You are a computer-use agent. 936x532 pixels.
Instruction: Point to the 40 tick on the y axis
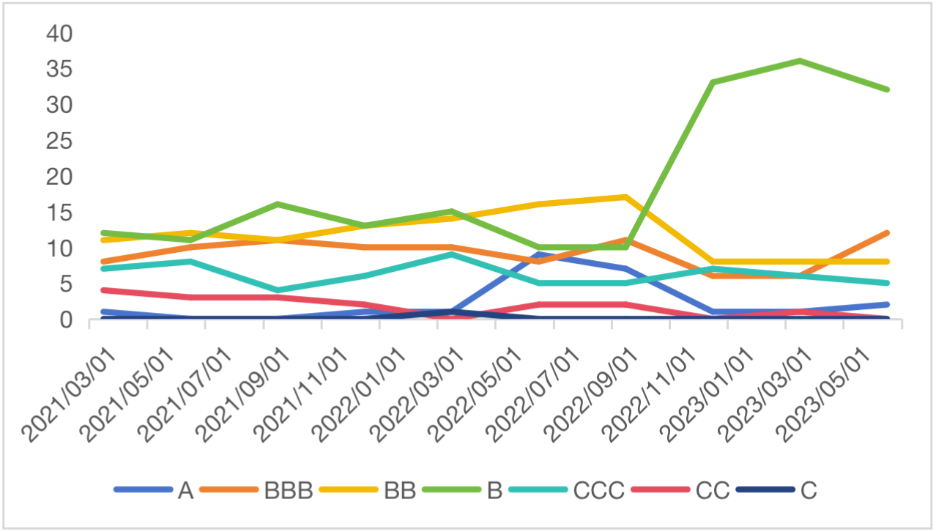[59, 34]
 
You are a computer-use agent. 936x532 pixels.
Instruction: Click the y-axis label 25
[59, 141]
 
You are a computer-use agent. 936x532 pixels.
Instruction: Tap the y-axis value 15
[59, 213]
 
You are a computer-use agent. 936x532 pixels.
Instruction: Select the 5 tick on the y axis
[67, 284]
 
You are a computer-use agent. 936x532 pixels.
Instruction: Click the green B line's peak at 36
[800, 61]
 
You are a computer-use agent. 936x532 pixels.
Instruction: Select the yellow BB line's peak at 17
[625, 197]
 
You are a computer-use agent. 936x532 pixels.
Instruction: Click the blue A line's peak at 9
[539, 254]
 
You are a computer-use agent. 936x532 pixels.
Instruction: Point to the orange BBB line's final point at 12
[887, 233]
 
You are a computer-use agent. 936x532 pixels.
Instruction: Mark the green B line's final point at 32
[887, 89]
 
